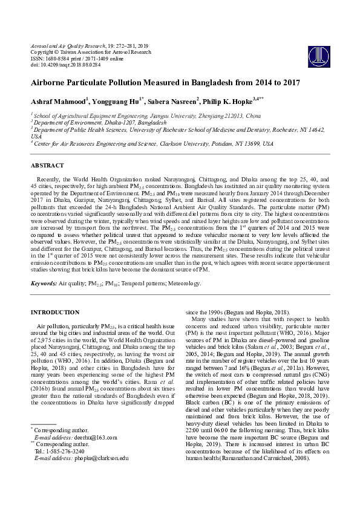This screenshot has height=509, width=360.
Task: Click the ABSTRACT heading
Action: click(47, 165)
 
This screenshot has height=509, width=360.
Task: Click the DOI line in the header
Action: click(63, 64)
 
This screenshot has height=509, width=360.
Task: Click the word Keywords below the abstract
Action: click(43, 283)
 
